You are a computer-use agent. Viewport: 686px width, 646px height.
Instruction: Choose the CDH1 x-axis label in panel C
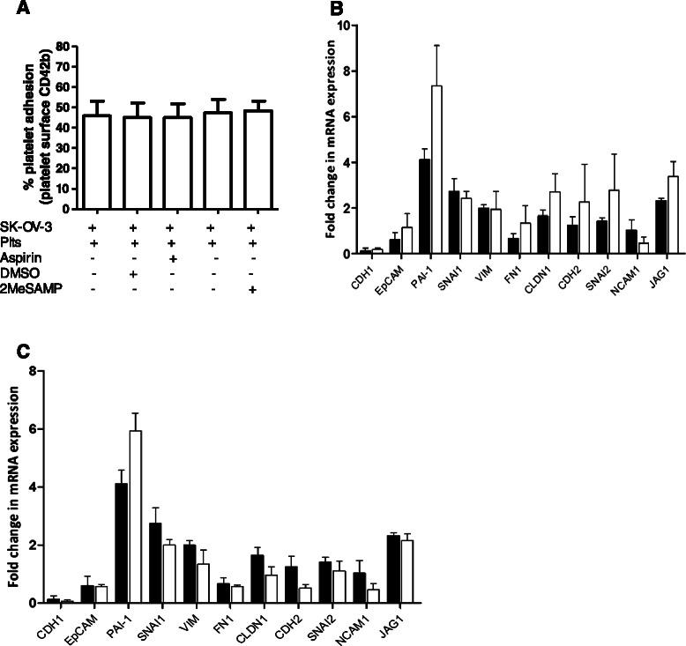coord(47,620)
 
